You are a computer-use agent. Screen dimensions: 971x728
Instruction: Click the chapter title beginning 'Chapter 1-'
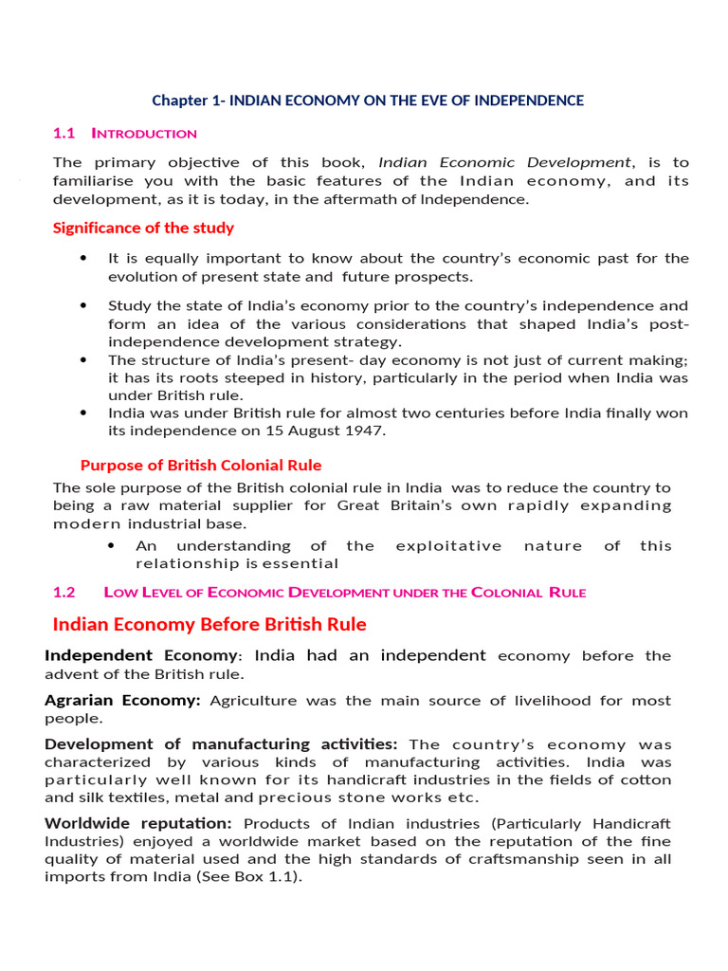pyautogui.click(x=368, y=101)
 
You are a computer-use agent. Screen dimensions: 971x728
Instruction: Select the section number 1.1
pyautogui.click(x=64, y=134)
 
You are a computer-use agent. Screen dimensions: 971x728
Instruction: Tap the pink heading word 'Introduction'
pyautogui.click(x=144, y=134)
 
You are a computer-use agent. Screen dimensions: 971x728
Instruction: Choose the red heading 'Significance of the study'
pyautogui.click(x=143, y=228)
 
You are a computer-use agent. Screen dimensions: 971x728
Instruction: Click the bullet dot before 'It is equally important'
pyautogui.click(x=84, y=258)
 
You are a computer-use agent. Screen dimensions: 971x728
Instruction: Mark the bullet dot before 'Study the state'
pyautogui.click(x=84, y=305)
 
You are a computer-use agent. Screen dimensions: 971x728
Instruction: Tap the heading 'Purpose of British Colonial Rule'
pyautogui.click(x=201, y=465)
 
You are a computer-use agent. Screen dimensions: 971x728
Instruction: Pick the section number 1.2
pyautogui.click(x=64, y=593)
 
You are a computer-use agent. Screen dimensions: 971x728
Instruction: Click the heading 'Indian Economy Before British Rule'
pyautogui.click(x=209, y=624)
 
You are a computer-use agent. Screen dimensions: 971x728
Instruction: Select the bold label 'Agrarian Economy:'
pyautogui.click(x=122, y=700)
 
